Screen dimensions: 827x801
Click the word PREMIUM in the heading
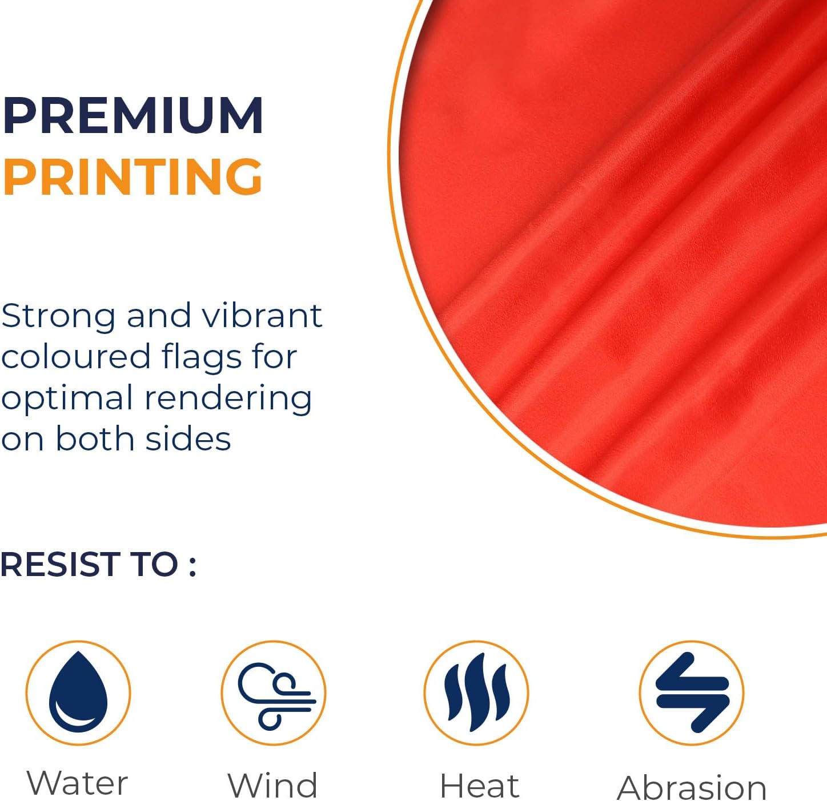tap(133, 115)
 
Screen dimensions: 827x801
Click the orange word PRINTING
tap(133, 176)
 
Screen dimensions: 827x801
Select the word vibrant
tap(262, 316)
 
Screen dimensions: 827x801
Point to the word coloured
tap(76, 356)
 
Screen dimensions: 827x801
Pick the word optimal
tap(67, 399)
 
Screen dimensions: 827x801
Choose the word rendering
tap(228, 399)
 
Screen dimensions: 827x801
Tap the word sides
tap(188, 438)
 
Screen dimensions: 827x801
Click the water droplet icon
tap(78, 692)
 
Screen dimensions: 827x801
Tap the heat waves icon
tap(476, 693)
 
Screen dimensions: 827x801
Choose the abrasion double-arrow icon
tap(692, 693)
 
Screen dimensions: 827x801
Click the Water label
tap(77, 782)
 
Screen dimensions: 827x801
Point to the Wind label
tap(272, 784)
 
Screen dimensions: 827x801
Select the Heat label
tap(479, 785)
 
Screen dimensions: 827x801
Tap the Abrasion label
tap(692, 787)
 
